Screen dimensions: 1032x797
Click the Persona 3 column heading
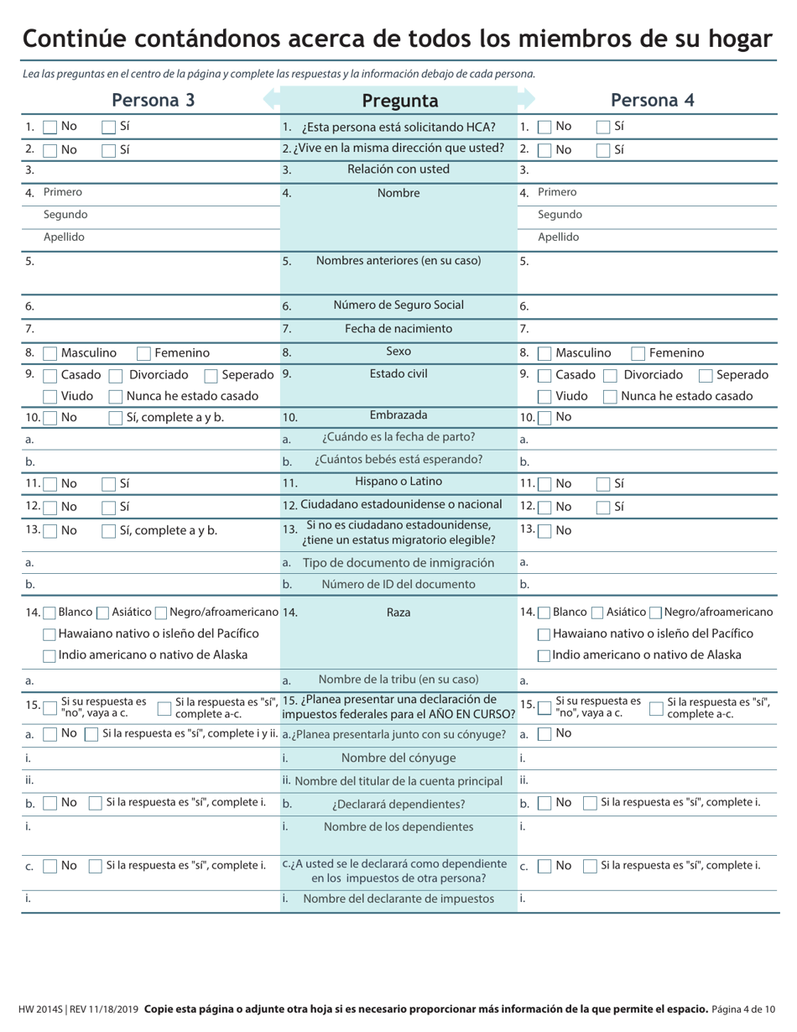point(154,101)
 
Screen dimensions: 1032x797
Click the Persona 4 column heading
point(653,101)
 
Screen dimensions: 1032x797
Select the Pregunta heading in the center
point(399,101)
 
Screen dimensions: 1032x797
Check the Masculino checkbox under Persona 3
point(50,353)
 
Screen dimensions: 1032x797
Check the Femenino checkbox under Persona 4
point(638,353)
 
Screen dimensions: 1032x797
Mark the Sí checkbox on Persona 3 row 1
point(109,127)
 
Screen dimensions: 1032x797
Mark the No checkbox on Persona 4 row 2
point(544,149)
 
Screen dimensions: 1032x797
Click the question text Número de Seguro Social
point(398,305)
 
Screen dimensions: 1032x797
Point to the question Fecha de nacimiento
point(398,329)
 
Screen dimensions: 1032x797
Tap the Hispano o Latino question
point(398,482)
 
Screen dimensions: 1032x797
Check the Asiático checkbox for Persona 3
point(103,612)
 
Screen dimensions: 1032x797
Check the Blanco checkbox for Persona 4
point(544,612)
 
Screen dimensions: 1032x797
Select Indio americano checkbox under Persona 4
point(544,655)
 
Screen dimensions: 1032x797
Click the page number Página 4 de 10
point(743,1009)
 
